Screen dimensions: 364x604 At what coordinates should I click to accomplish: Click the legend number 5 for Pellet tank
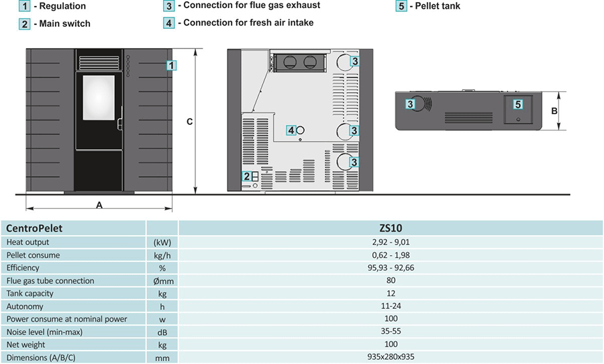coord(401,7)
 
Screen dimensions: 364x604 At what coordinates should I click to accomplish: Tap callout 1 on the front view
coord(172,66)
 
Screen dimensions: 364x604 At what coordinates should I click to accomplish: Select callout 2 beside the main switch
coord(247,177)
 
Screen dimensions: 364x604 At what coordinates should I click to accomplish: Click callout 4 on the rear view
coord(291,130)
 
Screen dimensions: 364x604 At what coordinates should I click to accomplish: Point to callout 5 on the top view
coord(517,105)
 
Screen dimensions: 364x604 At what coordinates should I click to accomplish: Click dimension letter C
coord(190,122)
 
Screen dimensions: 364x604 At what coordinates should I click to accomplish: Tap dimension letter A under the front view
coord(99,206)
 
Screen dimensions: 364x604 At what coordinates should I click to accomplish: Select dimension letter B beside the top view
coord(554,111)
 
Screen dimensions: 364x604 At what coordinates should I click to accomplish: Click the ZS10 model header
coord(391,228)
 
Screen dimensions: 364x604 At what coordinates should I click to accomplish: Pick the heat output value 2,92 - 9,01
coord(391,242)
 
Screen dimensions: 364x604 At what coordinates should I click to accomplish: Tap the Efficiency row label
coord(23,268)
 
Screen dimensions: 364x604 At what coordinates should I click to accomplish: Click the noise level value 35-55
coord(391,332)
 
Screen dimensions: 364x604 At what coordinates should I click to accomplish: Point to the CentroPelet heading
coord(34,228)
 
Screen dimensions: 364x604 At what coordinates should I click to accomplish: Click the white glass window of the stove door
coord(99,97)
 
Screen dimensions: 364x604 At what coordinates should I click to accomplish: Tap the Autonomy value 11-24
coord(391,306)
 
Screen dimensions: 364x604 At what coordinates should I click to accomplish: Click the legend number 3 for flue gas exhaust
coord(169,6)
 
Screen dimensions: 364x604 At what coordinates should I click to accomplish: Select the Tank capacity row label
coord(30,293)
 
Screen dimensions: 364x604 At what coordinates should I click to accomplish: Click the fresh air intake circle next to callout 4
coord(301,130)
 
